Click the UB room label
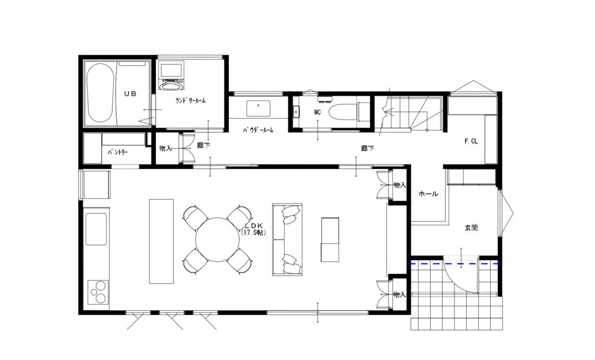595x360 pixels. click(130, 94)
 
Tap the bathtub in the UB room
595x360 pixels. click(100, 93)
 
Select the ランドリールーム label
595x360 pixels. click(190, 101)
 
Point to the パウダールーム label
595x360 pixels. click(258, 130)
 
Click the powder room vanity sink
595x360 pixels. click(259, 108)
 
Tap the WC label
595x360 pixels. click(317, 113)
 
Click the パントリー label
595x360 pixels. click(117, 152)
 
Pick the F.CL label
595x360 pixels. click(471, 141)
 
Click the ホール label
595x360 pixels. click(428, 194)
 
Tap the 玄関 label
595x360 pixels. click(471, 228)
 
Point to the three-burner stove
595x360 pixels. click(98, 292)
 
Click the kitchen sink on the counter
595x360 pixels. click(96, 229)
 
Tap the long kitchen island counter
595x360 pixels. click(161, 241)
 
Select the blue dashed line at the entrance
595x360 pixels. click(454, 263)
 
